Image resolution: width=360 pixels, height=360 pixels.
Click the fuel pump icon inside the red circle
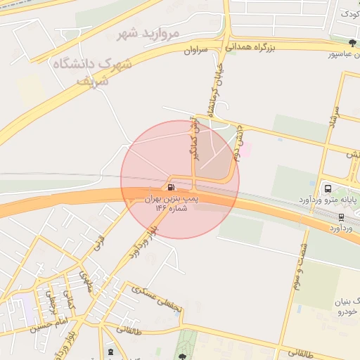[172, 188]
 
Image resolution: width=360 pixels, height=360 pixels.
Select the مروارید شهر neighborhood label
[148, 33]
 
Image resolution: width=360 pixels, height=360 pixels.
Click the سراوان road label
[199, 50]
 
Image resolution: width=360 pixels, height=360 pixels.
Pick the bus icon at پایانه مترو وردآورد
[328, 188]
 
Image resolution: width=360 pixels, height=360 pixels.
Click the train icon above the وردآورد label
[341, 217]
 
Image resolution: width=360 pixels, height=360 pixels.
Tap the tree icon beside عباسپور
[352, 42]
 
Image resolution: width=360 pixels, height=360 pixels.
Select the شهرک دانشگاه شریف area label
[91, 71]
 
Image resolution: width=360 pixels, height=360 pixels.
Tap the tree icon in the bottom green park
[182, 356]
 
